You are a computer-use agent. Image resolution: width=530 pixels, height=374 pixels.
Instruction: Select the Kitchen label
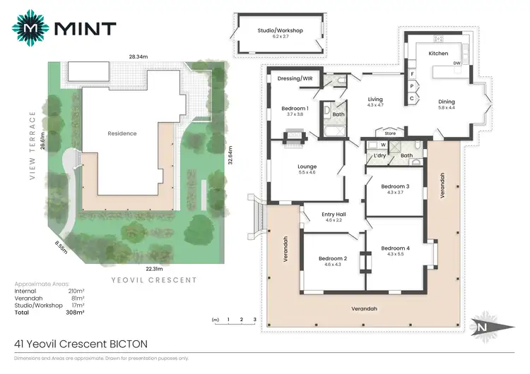pos(439,54)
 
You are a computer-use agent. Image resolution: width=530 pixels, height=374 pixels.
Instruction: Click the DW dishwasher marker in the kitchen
pos(458,64)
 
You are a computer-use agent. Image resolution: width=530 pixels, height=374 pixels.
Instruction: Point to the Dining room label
pos(447,101)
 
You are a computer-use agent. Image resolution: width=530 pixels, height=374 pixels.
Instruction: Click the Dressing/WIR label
pos(295,78)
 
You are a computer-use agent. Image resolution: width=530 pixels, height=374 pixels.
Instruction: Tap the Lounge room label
pos(307,167)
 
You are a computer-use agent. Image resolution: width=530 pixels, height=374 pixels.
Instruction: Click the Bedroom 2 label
pos(332,258)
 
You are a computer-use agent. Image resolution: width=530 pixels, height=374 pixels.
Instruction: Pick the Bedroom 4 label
pos(395,248)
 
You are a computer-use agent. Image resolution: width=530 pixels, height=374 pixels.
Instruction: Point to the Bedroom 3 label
pos(395,187)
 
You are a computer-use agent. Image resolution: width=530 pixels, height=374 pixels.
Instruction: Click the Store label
pos(389,132)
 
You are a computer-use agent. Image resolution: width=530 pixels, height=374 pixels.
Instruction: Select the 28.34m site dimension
pos(138,55)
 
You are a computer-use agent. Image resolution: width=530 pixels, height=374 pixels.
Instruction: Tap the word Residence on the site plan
pos(122,133)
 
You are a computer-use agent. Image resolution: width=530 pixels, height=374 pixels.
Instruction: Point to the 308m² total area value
pos(74,311)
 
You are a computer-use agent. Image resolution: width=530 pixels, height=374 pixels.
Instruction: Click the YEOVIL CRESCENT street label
pos(154,280)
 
